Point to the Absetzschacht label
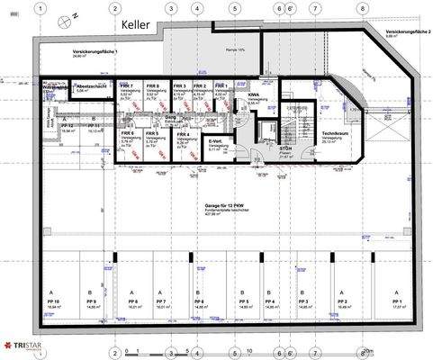93,85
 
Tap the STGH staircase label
285,147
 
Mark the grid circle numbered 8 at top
362,6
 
